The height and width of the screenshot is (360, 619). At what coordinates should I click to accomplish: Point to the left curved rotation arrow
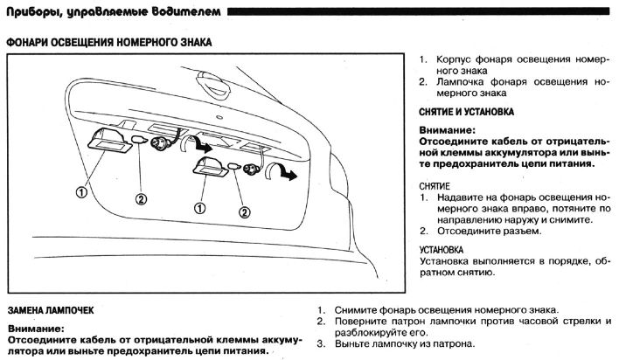[x=203, y=149]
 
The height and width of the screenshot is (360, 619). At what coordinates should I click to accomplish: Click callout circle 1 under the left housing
[x=80, y=190]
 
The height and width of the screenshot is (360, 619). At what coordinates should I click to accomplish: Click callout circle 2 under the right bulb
[x=244, y=211]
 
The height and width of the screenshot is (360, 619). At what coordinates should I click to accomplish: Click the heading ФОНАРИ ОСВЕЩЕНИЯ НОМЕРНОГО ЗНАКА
[x=108, y=41]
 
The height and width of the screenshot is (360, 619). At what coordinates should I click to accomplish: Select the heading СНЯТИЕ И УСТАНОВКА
[x=466, y=113]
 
